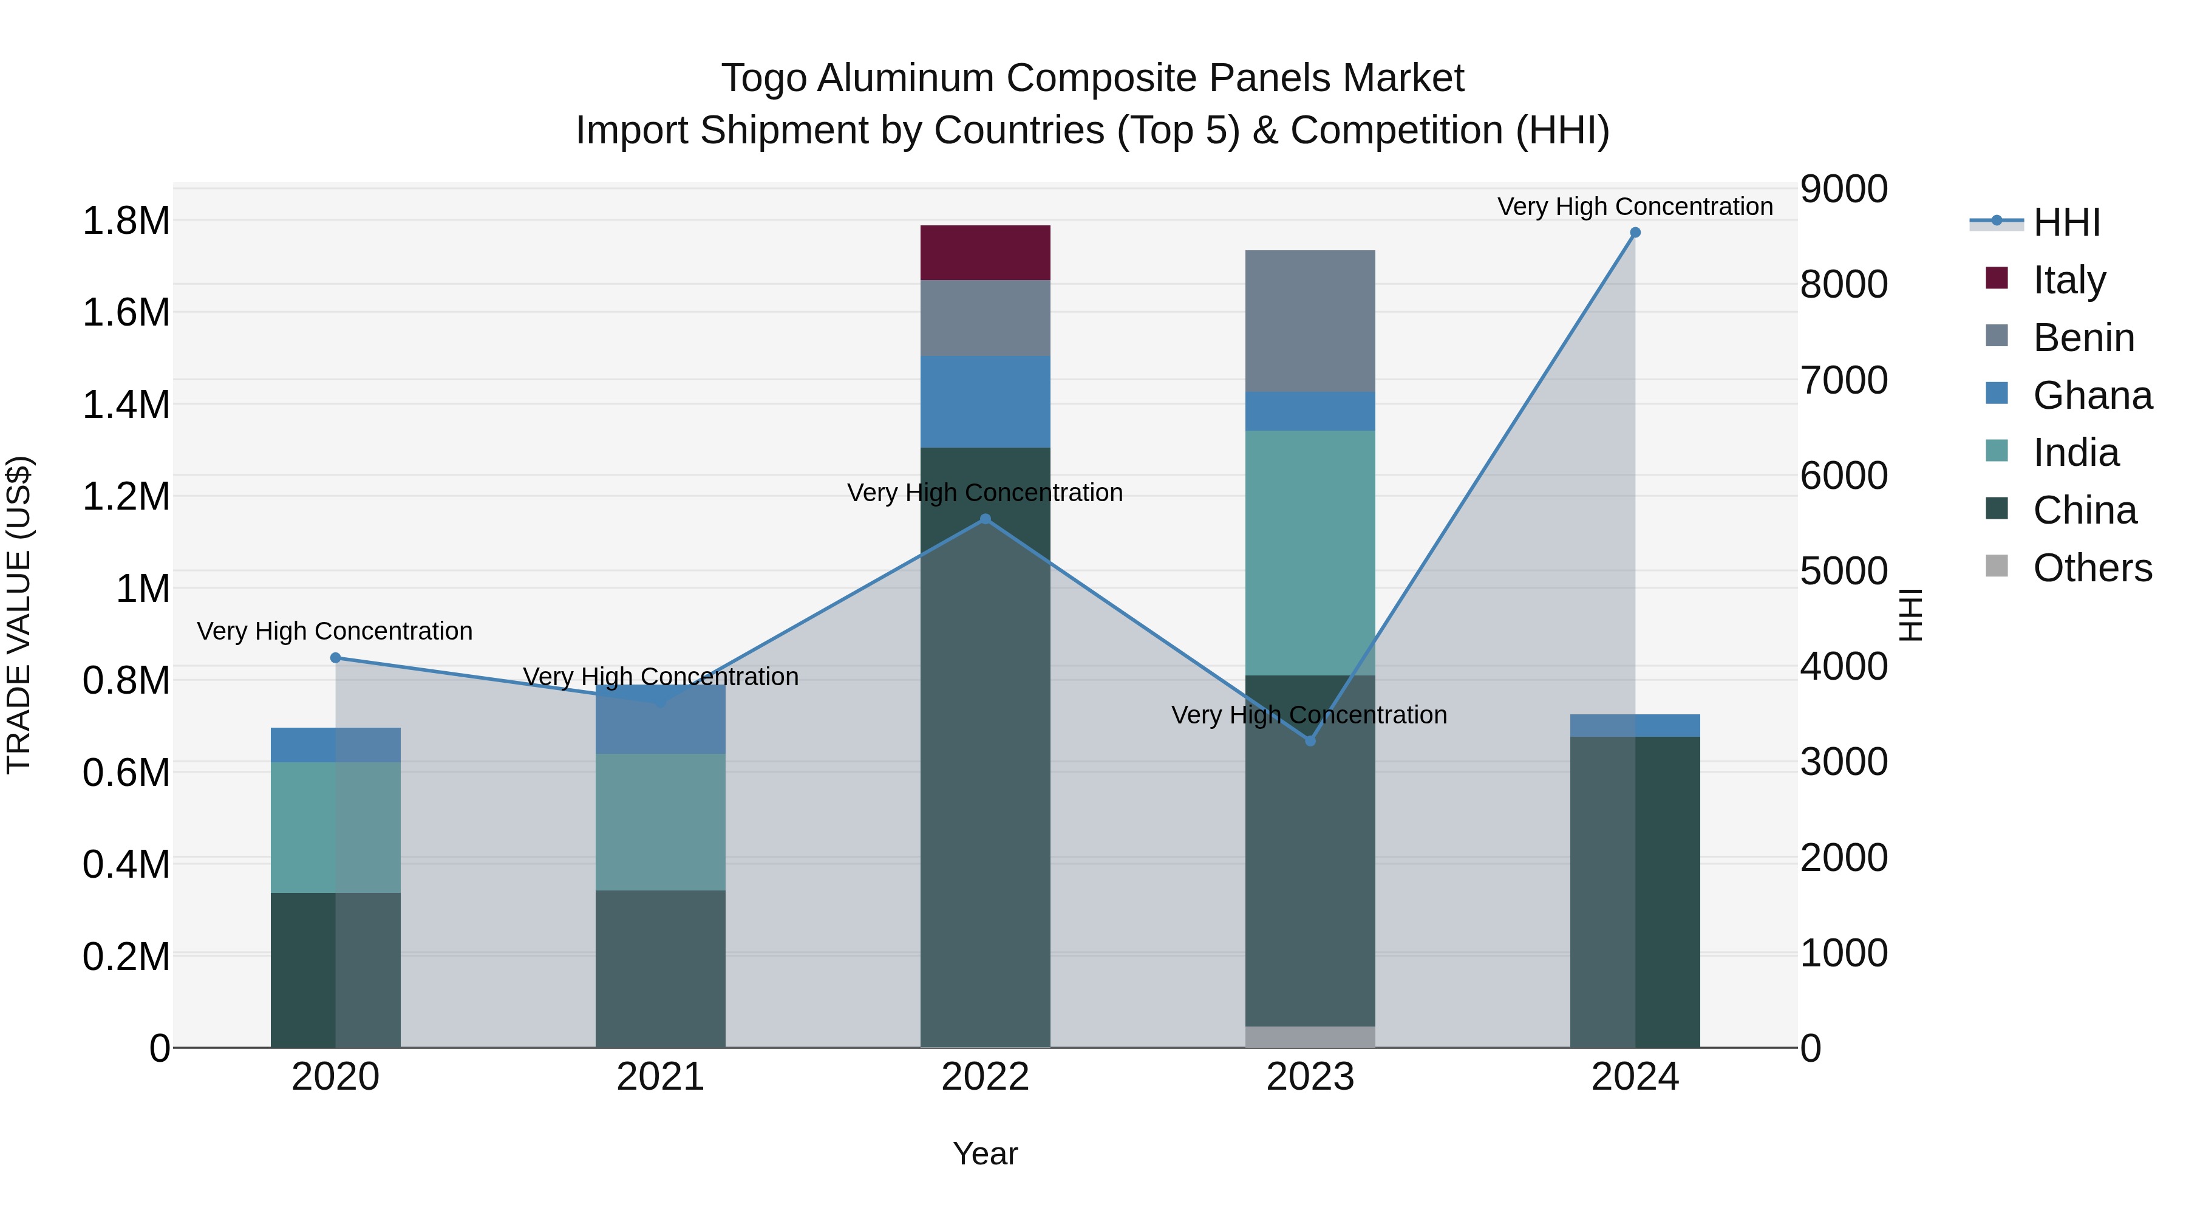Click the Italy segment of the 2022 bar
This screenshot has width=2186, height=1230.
click(986, 252)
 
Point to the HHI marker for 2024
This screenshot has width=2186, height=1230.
click(1635, 233)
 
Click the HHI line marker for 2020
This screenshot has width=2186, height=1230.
click(335, 658)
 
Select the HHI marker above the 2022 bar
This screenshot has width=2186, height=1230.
click(986, 519)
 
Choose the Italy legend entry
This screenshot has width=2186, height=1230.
click(2069, 279)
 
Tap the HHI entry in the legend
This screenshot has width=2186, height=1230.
click(2066, 222)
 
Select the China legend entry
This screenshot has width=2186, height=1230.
click(2084, 510)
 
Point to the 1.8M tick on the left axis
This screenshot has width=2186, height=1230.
click(126, 220)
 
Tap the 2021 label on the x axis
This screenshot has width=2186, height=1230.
click(660, 1077)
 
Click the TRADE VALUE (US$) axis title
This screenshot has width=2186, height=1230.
click(19, 615)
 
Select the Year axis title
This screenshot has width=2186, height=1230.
click(986, 1153)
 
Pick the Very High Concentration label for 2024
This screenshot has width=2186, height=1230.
click(1635, 207)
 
